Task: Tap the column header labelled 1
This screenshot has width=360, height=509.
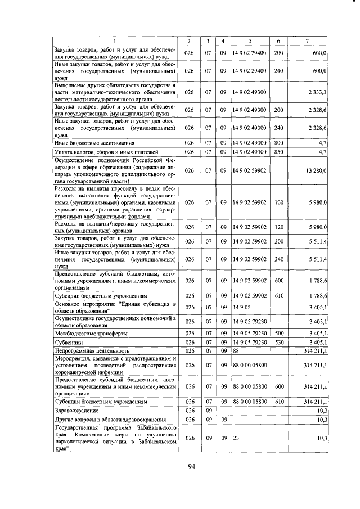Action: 115,41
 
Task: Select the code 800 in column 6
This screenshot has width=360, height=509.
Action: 278,143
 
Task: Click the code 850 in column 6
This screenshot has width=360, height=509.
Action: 278,152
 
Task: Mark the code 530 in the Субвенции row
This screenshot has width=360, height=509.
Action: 278,342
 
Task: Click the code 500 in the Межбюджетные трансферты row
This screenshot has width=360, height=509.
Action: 278,334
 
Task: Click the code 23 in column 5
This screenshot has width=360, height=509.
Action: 236,438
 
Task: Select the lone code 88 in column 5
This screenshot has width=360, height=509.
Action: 236,350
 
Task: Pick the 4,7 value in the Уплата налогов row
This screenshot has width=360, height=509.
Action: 322,152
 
